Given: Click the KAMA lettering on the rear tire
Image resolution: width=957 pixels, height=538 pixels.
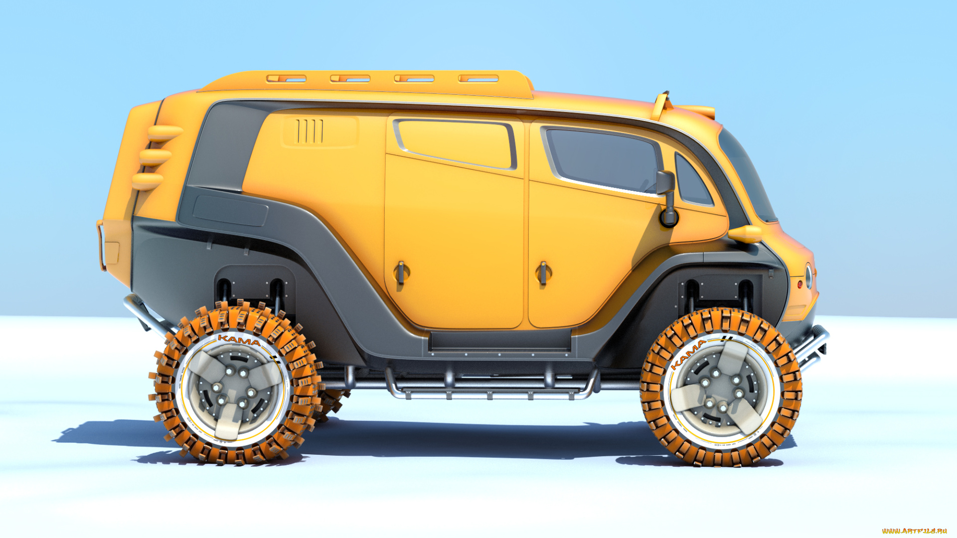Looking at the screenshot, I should (x=239, y=340).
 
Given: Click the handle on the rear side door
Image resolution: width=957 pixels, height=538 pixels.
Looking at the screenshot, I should (x=401, y=272).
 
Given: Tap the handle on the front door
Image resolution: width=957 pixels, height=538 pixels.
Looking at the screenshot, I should (x=543, y=273).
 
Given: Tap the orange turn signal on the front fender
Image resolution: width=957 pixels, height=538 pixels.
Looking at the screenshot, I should (x=745, y=233).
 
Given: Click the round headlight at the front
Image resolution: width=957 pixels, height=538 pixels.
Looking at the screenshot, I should (x=808, y=276).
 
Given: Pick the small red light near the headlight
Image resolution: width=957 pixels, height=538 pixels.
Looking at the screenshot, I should (x=800, y=284).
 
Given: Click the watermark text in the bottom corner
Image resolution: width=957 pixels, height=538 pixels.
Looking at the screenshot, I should (x=914, y=531).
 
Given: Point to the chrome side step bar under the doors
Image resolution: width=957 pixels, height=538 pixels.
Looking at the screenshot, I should (x=488, y=394).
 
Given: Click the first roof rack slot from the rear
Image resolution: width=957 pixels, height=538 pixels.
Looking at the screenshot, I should (x=286, y=79).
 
